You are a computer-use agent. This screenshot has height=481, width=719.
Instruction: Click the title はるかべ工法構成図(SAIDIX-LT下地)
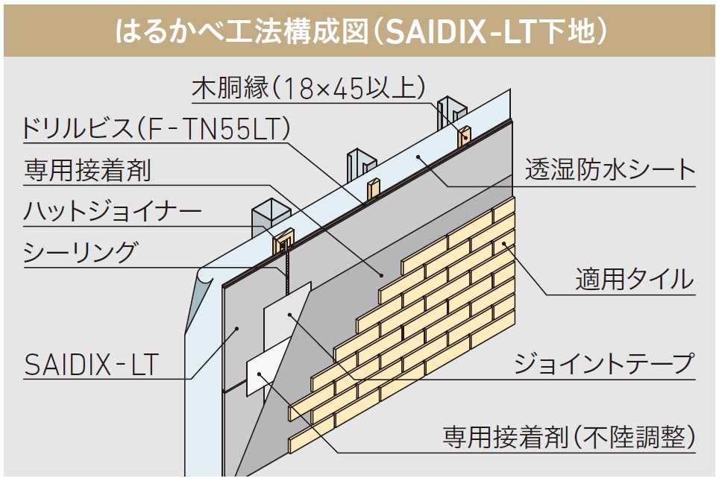coord(359,30)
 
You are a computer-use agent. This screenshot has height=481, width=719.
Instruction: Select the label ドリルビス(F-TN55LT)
coord(156,129)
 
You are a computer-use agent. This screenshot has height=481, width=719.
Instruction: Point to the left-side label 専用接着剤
coord(87,171)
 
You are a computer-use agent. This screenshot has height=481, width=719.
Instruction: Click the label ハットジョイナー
coord(112,211)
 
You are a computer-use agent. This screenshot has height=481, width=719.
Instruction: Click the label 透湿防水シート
coord(609,171)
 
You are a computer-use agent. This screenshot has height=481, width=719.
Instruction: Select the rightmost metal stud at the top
coord(451,112)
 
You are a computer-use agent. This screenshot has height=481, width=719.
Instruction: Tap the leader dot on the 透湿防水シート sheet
coord(419,157)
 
